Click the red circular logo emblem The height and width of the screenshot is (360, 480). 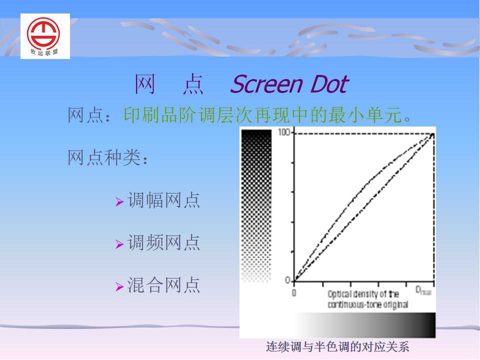(x=43, y=33)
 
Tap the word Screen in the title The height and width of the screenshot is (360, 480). (x=267, y=84)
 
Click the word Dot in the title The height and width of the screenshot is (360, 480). (x=329, y=84)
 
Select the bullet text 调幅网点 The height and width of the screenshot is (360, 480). (x=164, y=200)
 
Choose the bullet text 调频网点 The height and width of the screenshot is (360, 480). (x=164, y=243)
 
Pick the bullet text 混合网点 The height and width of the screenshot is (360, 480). (x=164, y=285)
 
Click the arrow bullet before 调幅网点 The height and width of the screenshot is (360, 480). (x=119, y=201)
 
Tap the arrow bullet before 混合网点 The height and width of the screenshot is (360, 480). (x=119, y=286)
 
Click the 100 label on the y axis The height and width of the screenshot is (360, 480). (x=284, y=132)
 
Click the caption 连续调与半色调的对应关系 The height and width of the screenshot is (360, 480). (x=337, y=347)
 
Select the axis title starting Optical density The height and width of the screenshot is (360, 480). (x=367, y=299)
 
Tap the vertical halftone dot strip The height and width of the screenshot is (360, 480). (x=256, y=205)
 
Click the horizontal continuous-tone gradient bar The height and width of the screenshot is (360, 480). (x=364, y=325)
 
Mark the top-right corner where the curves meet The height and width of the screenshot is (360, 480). (x=433, y=134)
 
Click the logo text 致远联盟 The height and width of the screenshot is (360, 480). (x=44, y=52)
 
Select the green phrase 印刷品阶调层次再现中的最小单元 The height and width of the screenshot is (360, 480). (x=263, y=115)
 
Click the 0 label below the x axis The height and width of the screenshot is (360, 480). (x=294, y=293)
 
